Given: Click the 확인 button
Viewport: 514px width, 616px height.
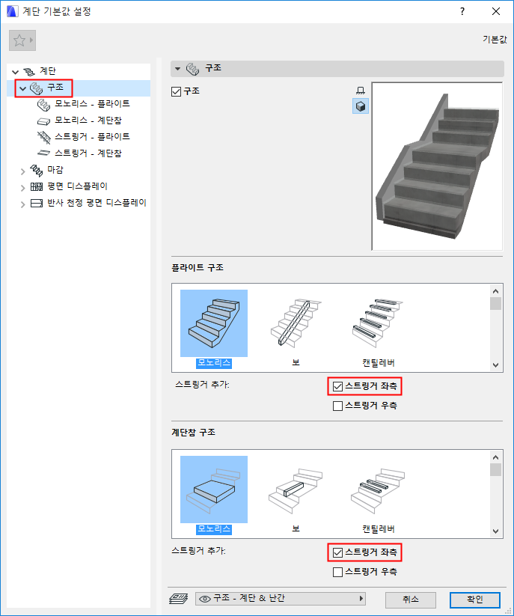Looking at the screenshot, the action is point(475,599).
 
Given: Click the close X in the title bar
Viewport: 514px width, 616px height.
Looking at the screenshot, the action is point(496,11).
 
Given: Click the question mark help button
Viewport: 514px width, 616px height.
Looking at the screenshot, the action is point(462,11).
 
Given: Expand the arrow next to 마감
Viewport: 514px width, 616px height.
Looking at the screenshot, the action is point(22,171).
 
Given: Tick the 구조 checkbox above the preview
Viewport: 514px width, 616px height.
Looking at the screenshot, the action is point(177,91).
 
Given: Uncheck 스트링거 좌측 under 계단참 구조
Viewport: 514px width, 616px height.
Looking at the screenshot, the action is point(337,552).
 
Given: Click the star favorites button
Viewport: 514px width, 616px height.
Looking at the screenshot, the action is point(22,40).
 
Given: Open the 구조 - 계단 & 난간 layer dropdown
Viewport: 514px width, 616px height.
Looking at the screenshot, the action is point(281,599).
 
